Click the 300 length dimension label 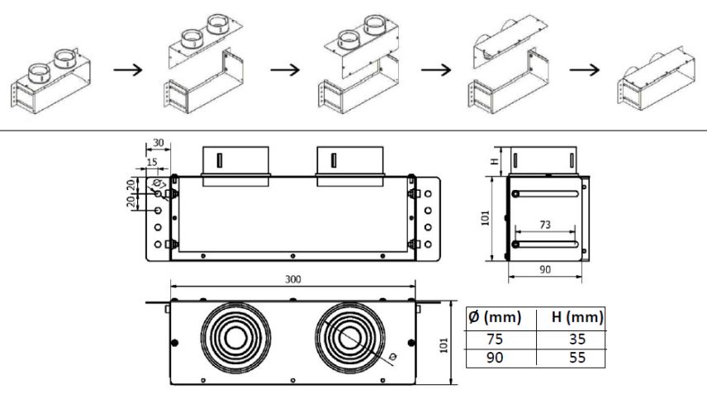point(292,279)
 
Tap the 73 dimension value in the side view point(545,225)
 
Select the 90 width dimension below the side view point(545,269)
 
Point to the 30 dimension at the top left point(159,143)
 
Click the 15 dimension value point(152,162)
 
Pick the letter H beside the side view point(495,161)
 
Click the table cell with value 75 point(495,339)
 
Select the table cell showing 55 point(577,358)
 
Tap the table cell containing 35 point(577,339)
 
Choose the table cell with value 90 point(495,358)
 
